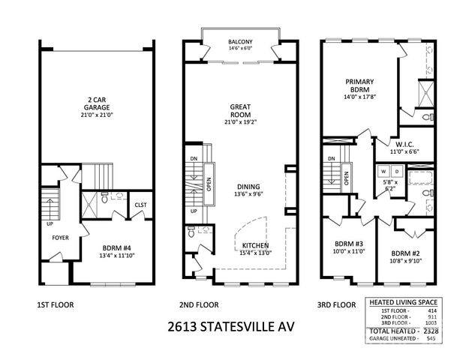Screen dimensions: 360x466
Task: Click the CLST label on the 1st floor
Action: [140, 202]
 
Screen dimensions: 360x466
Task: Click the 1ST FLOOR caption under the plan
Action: [55, 305]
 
